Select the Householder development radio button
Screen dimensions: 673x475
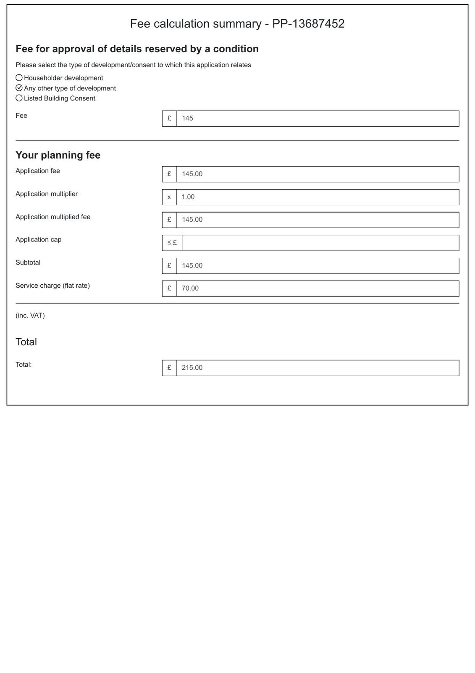(x=19, y=78)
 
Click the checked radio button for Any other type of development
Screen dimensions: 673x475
(x=19, y=88)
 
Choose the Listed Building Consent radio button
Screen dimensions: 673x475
(x=19, y=98)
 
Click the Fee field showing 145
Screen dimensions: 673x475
(x=318, y=119)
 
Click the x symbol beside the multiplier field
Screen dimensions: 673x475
(x=169, y=197)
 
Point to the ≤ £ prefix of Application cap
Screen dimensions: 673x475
(x=172, y=243)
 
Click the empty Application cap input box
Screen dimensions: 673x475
(x=320, y=243)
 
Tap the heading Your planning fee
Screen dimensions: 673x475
(x=58, y=155)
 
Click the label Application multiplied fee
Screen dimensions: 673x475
(x=53, y=217)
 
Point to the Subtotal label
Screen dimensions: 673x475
(x=28, y=262)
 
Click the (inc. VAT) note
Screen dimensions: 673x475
(x=30, y=315)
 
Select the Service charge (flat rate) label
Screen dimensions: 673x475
(x=52, y=286)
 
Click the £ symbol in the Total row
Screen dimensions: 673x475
(x=169, y=368)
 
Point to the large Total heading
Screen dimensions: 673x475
(x=26, y=342)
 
